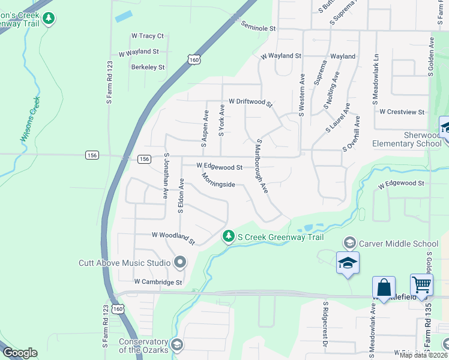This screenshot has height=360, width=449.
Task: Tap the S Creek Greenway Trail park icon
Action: (228, 237)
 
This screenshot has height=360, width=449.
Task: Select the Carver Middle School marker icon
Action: (349, 243)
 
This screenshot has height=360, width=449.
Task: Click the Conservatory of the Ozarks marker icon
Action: (177, 344)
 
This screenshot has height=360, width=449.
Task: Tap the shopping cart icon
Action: (421, 286)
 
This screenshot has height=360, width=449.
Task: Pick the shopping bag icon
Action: (384, 287)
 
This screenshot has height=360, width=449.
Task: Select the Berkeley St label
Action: (148, 67)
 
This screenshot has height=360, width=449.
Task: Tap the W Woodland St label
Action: (173, 238)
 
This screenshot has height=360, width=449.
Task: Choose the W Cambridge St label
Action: (158, 281)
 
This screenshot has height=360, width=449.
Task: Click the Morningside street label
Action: (218, 180)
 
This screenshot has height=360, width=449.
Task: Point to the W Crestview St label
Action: (402, 112)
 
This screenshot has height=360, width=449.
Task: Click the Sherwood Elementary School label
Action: (406, 139)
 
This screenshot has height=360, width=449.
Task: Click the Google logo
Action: (20, 353)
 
